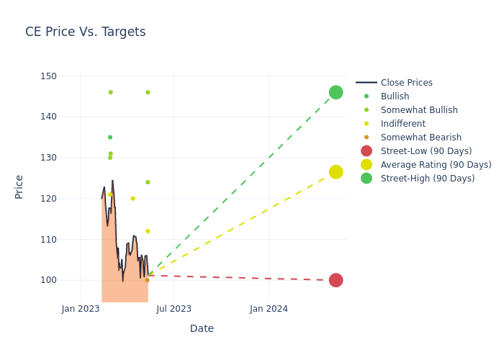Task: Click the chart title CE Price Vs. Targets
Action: [x=85, y=32]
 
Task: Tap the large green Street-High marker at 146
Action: [x=336, y=92]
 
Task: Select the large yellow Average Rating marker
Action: [x=336, y=172]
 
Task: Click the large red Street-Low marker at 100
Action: [x=336, y=280]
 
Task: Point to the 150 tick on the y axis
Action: [x=48, y=76]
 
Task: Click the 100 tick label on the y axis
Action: [x=48, y=280]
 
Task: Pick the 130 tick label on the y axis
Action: [x=48, y=158]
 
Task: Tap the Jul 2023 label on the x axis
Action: [x=174, y=309]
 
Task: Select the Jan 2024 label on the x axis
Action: [x=269, y=309]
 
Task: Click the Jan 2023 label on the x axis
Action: [x=81, y=309]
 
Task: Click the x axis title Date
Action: [x=202, y=328]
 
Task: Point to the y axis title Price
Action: [x=19, y=186]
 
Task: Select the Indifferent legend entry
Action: [x=402, y=124]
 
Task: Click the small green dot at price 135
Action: [x=110, y=137]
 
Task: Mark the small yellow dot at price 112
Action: [x=148, y=231]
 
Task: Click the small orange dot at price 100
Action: [x=147, y=280]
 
